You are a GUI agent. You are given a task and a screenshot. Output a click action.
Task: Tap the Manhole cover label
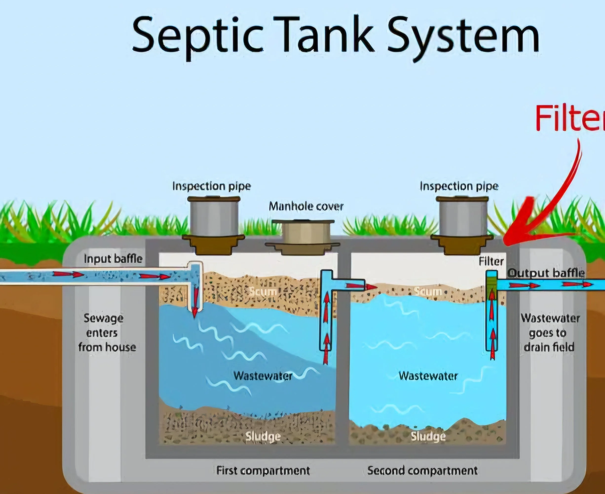click(306, 206)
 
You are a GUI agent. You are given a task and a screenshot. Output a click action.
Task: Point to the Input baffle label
click(113, 259)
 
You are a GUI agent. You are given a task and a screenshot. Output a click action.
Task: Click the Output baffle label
click(546, 273)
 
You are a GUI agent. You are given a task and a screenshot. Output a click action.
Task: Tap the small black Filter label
click(491, 261)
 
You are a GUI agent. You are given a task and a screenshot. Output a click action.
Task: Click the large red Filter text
click(570, 118)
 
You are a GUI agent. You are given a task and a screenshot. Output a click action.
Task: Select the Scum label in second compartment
click(427, 291)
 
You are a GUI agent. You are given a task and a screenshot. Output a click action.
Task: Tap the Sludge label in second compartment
click(428, 436)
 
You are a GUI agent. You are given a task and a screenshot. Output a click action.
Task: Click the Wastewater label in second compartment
click(428, 376)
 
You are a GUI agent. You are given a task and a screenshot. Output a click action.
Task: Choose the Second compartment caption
click(422, 470)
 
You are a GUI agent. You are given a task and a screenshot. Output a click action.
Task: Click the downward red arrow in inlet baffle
click(195, 302)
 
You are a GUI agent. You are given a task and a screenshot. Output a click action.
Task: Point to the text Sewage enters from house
click(105, 333)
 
